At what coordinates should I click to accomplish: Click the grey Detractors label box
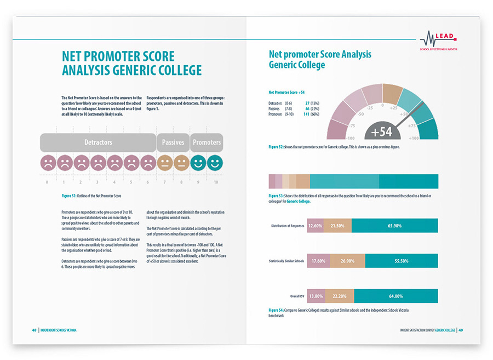[x=98, y=142]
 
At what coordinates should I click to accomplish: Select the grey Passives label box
[x=173, y=142]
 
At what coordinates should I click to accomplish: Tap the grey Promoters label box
[x=207, y=142]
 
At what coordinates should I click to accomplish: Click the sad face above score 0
[x=48, y=162]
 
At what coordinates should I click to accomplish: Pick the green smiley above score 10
[x=215, y=162]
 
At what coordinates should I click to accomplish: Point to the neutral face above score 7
[x=165, y=162]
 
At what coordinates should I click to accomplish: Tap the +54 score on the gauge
[x=382, y=132]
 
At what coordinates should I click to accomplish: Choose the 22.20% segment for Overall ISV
[x=339, y=296]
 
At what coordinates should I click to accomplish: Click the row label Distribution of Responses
[x=288, y=226]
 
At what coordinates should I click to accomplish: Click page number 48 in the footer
[x=34, y=330]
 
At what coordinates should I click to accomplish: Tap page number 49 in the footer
[x=461, y=330]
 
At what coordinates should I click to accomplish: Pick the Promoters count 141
[x=307, y=113]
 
